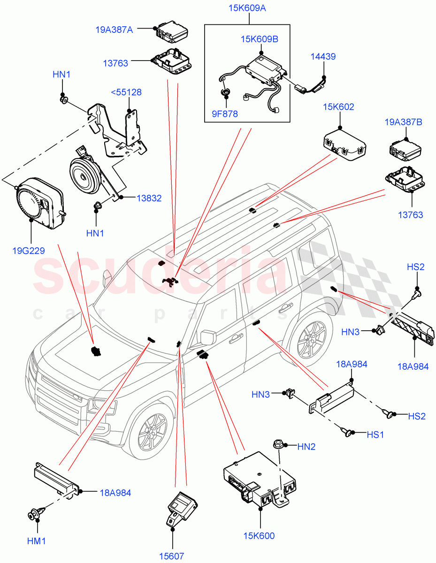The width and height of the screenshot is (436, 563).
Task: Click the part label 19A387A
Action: (x=114, y=30)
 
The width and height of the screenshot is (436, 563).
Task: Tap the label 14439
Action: (x=323, y=56)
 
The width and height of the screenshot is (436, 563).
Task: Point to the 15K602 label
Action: (x=338, y=107)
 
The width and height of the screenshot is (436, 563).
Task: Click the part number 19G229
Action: (x=29, y=251)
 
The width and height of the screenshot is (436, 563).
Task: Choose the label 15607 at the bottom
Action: (x=171, y=556)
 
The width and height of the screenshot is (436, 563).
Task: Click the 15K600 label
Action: (x=260, y=536)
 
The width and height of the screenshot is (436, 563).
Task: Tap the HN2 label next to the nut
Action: (x=306, y=447)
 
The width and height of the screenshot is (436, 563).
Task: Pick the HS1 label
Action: (x=375, y=434)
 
